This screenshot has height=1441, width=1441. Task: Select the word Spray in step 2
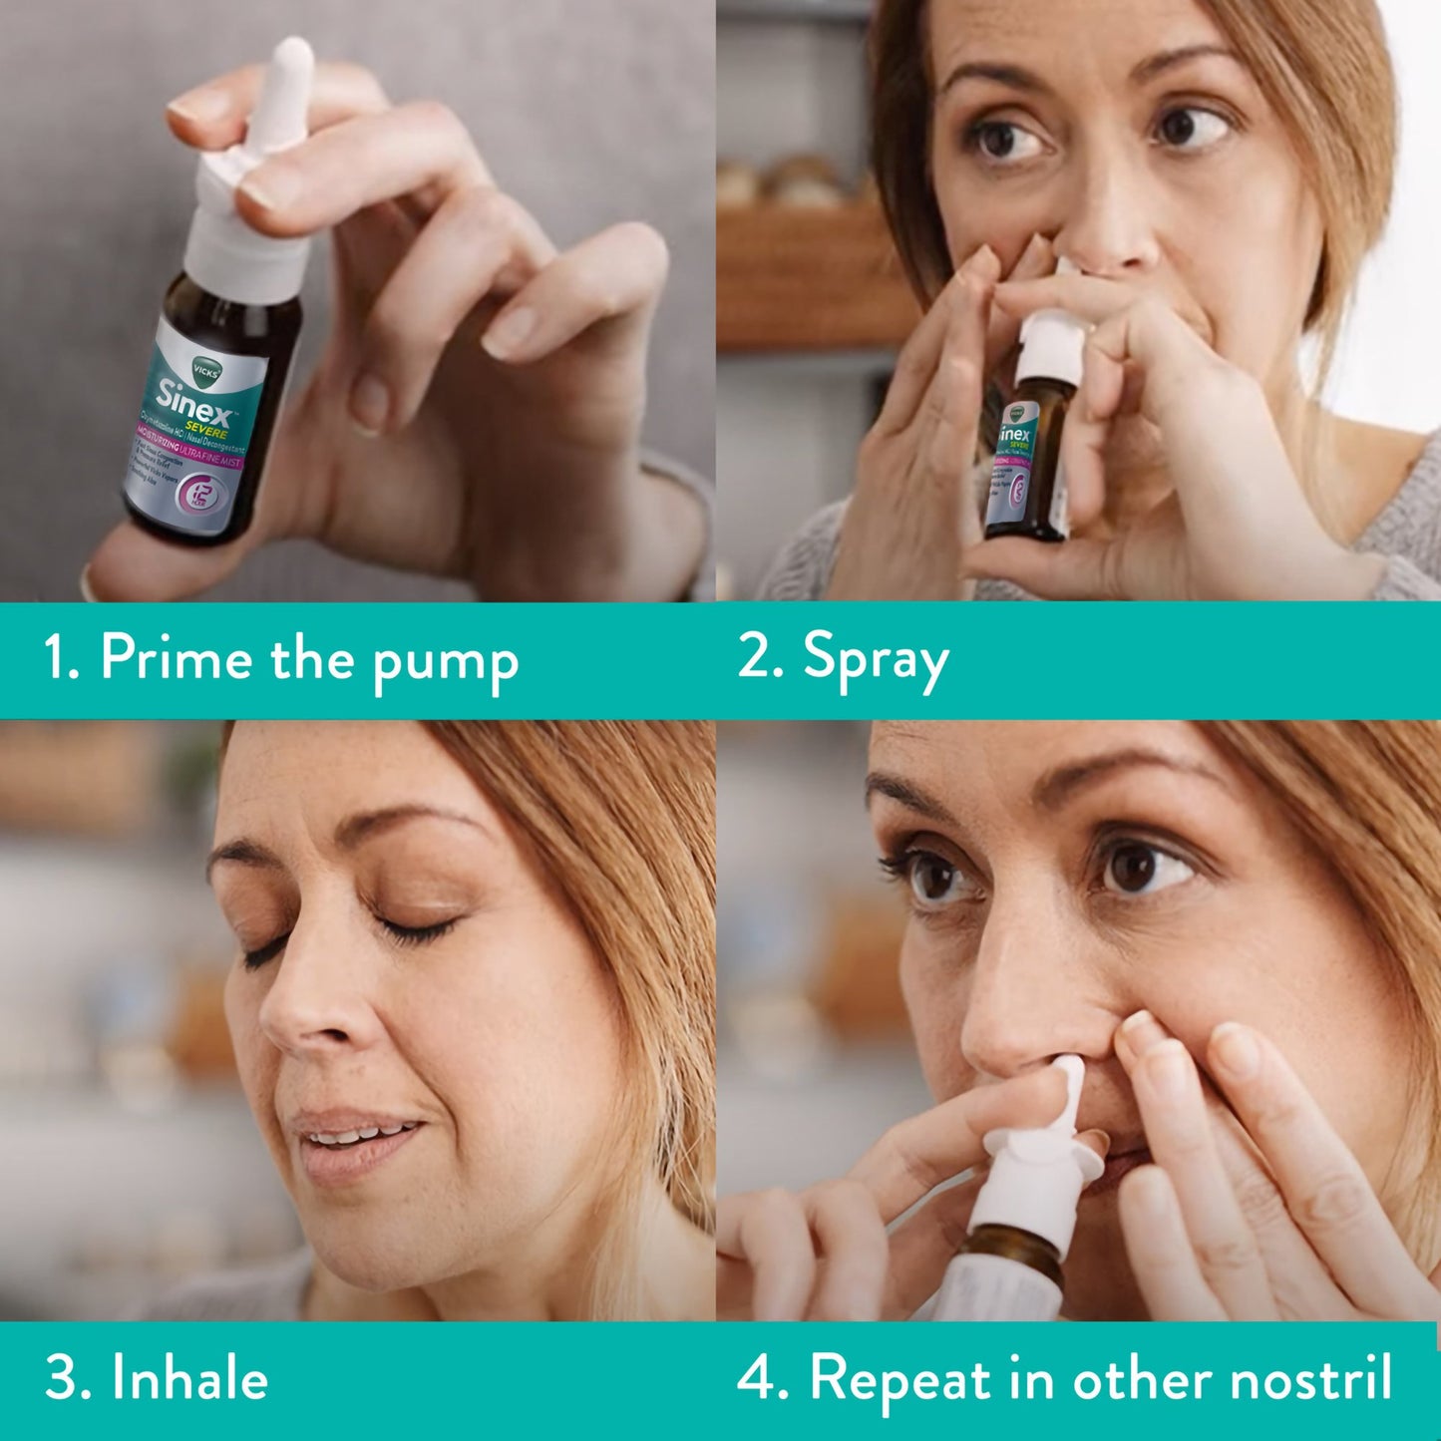[876, 660]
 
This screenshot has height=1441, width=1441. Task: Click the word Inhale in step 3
[189, 1379]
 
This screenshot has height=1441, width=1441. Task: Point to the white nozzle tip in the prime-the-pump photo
[291, 60]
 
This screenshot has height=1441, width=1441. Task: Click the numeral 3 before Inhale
[62, 1379]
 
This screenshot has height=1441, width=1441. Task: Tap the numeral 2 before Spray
[755, 659]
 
